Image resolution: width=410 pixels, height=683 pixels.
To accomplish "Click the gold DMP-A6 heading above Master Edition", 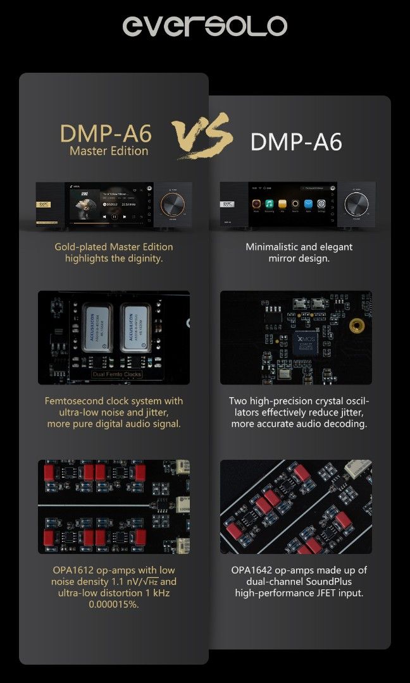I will [106, 133].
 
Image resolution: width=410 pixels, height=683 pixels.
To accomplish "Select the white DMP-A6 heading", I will [296, 142].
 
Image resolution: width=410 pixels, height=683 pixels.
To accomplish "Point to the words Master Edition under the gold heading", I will [109, 151].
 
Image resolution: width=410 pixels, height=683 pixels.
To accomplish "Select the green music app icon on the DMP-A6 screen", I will [268, 204].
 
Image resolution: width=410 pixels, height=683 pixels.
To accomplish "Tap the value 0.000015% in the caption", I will [114, 605].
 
